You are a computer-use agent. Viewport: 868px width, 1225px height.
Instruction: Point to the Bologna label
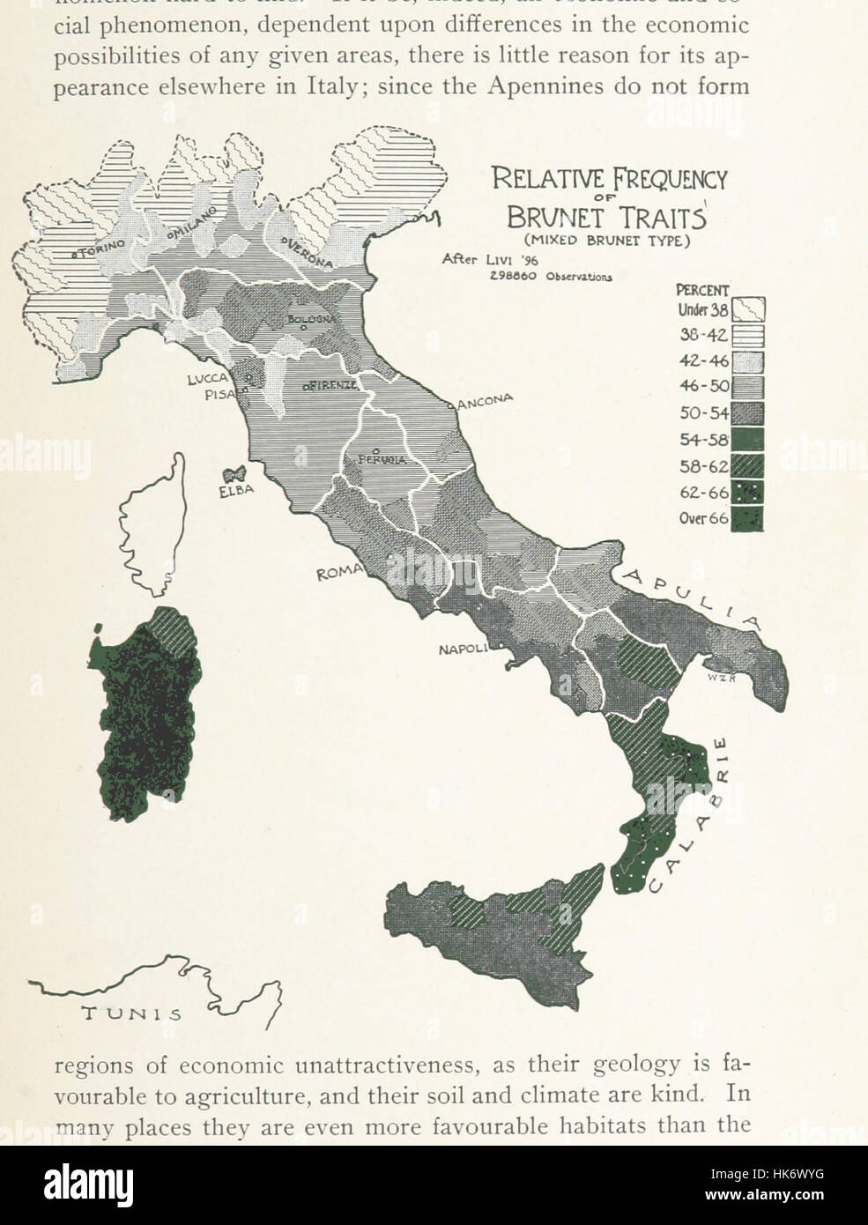tap(308, 317)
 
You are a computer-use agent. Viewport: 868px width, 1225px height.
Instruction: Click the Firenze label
tap(331, 386)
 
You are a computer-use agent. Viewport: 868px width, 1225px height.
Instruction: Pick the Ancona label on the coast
tap(484, 402)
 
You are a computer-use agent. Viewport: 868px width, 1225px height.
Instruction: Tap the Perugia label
tap(382, 459)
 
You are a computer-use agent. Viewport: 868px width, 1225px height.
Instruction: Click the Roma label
tap(338, 573)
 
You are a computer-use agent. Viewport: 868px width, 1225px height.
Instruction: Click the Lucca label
tap(208, 379)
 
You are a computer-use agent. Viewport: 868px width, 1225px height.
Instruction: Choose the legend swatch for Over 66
tap(747, 517)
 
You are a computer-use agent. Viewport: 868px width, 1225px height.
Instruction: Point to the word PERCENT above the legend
tap(701, 290)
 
